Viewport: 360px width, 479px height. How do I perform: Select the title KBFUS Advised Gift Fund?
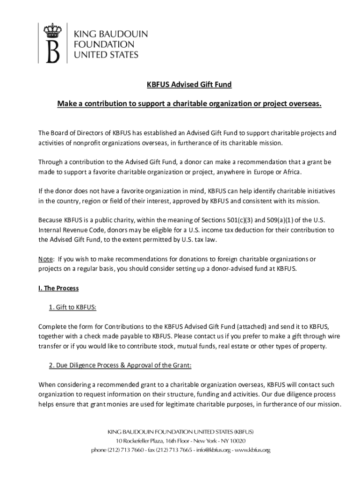click(190, 85)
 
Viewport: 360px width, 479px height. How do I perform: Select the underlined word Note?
click(45, 259)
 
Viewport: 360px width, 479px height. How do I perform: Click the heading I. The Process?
click(58, 288)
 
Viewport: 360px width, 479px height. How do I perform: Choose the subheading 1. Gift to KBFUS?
click(72, 307)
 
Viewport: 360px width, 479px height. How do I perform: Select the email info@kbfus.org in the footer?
click(211, 450)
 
